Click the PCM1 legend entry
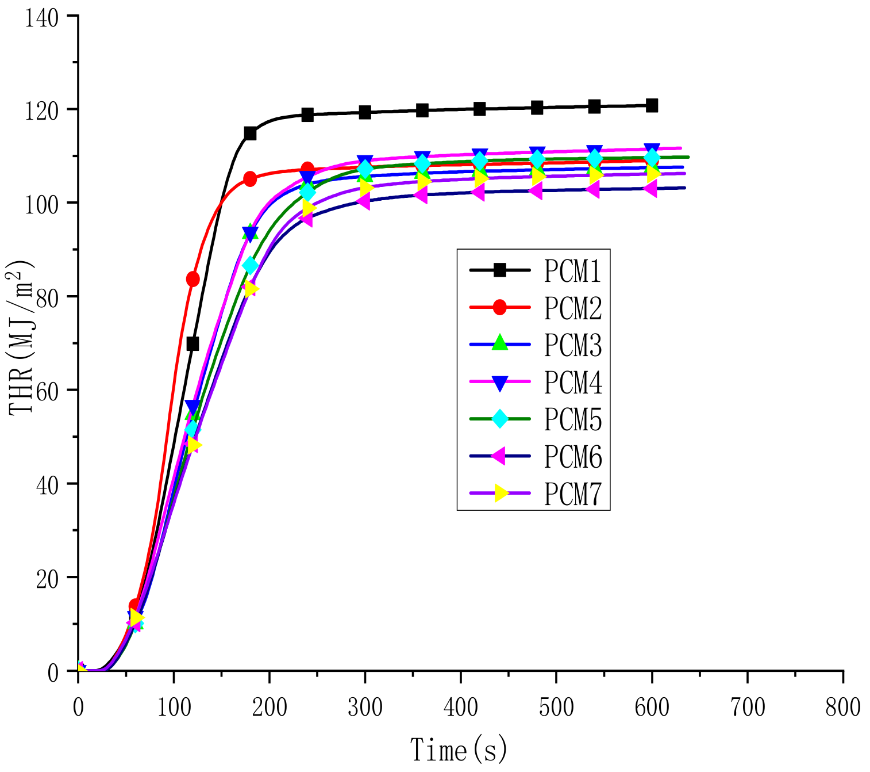(572, 270)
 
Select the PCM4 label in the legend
(572, 383)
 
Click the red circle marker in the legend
(500, 307)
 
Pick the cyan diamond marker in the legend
(500, 419)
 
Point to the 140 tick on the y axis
(41, 17)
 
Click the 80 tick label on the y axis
(47, 297)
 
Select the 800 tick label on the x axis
(842, 707)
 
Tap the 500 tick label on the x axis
(556, 707)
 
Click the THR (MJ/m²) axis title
(22, 338)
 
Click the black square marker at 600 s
(652, 105)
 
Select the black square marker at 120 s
(193, 344)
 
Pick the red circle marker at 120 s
(193, 280)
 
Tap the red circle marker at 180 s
(250, 179)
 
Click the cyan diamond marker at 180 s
(250, 265)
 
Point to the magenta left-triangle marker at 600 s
(650, 188)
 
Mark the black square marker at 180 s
(250, 133)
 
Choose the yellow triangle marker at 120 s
(194, 445)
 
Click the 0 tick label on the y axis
(53, 672)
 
